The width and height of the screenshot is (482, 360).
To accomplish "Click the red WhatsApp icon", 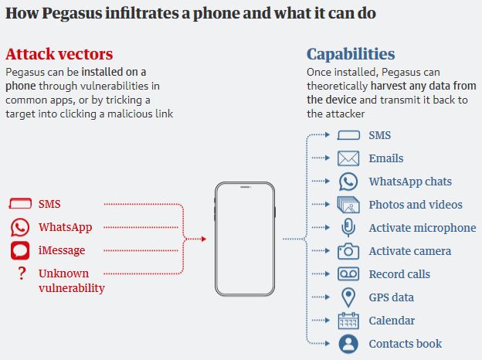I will pos(20,228).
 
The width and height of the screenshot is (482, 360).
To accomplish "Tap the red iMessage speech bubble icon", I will pos(20,251).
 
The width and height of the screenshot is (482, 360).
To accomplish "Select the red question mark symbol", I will pos(21,273).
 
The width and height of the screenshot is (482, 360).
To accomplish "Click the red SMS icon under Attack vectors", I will pos(20,205).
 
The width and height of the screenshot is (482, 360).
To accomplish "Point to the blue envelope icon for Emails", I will pos(348,158).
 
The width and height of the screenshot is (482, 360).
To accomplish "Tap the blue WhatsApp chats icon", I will pos(348,182).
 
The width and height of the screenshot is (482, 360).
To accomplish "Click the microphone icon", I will pos(348,228).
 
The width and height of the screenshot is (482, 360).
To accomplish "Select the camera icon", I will pos(348,251).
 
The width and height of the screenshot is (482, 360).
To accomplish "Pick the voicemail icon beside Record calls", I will pos(348,274).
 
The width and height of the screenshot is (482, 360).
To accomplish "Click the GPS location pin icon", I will pos(348,297).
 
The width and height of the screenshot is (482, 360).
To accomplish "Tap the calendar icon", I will pos(348,321).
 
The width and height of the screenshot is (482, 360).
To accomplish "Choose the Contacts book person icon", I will pos(348,344).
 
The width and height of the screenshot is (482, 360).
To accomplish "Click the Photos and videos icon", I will pos(348,205).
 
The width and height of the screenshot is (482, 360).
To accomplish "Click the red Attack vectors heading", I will pos(59,54).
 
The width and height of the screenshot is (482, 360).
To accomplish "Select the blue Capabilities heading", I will pos(351,54).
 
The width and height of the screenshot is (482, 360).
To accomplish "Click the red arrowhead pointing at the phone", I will pos(203,239).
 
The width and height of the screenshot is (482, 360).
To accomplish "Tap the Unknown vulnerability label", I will pos(71,281).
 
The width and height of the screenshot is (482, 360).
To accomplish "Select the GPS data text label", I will pos(391,297).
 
